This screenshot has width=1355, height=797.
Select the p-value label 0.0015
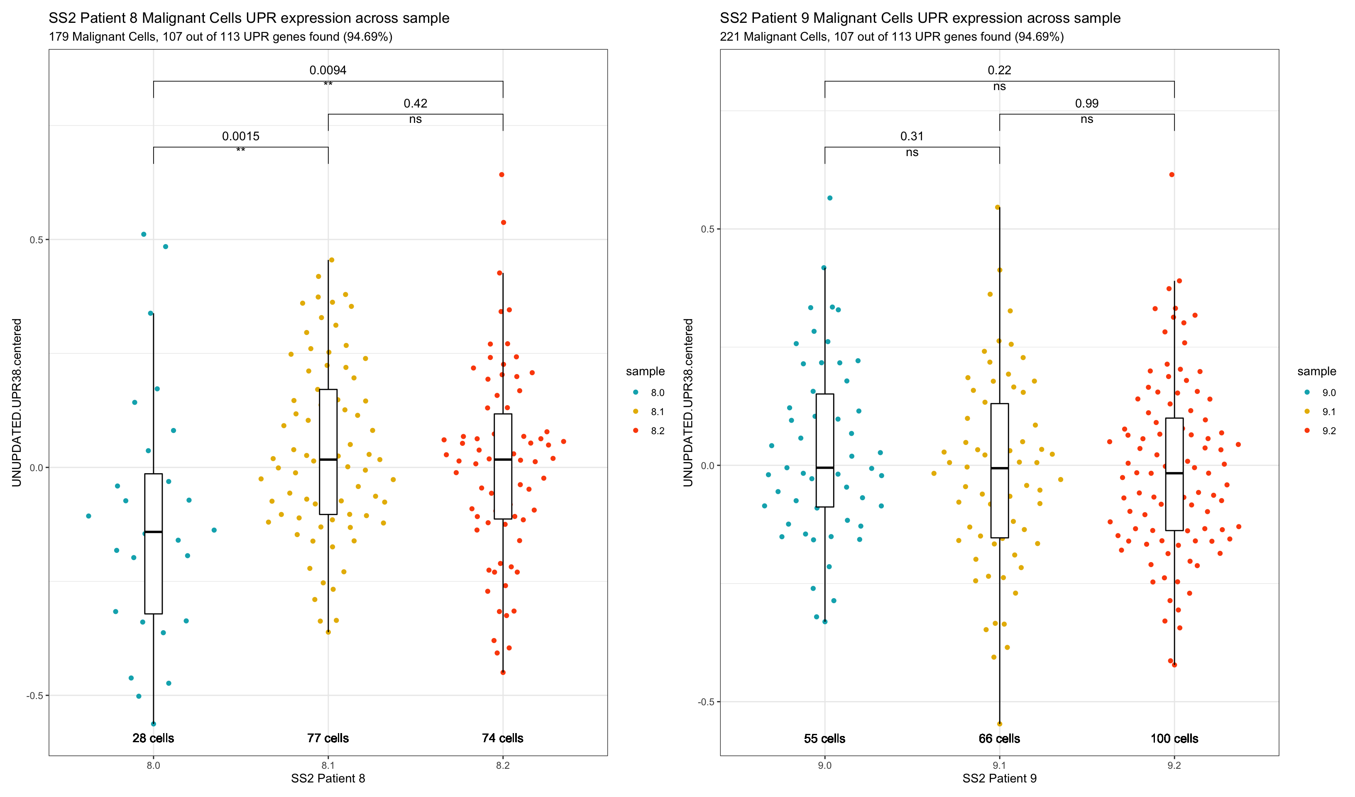240,136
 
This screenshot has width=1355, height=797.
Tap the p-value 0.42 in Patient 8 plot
415,103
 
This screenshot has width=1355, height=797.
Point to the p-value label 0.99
1087,103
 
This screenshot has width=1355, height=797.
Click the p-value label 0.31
912,136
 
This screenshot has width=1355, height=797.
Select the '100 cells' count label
1174,738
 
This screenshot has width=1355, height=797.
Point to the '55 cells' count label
824,738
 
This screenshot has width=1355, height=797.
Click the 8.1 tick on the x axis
328,765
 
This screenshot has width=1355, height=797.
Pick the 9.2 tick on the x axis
1174,765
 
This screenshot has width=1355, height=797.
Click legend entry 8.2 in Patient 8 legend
657,431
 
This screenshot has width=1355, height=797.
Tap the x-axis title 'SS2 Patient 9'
999,778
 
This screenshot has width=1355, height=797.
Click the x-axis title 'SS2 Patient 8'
328,778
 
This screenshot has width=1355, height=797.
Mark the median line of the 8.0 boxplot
153,532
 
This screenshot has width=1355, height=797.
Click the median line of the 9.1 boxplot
1000,468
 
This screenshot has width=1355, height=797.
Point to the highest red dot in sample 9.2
1172,175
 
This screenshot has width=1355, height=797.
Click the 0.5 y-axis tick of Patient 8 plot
36,240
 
